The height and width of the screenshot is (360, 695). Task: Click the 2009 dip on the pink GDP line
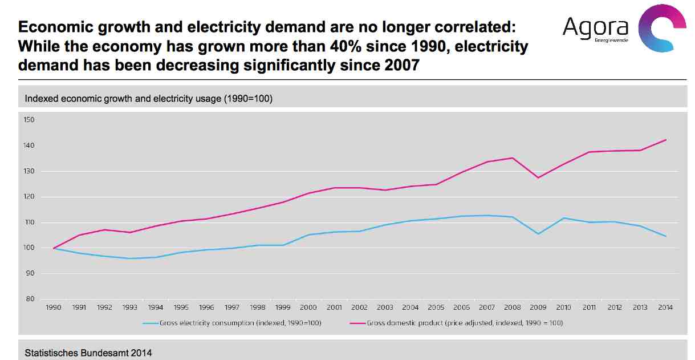[538, 178]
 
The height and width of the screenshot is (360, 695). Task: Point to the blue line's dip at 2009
[538, 234]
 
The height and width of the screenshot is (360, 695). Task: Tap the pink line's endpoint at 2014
[666, 140]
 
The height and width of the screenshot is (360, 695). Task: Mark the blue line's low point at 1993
[130, 258]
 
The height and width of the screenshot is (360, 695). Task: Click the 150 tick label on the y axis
[29, 120]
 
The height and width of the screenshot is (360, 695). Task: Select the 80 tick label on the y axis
[29, 299]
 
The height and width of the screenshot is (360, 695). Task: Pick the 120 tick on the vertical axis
[29, 197]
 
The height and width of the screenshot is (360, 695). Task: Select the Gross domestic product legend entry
[465, 323]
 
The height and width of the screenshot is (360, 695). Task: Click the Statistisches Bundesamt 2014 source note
[88, 353]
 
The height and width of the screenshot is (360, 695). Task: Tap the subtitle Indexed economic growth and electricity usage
[148, 99]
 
